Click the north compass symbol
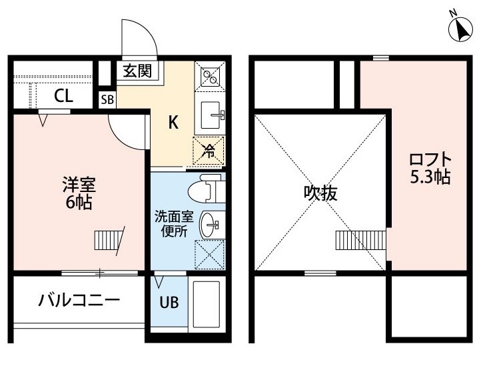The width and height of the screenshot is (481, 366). (x=460, y=29)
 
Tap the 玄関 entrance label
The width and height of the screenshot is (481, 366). (x=137, y=71)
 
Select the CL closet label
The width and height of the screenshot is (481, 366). (x=63, y=96)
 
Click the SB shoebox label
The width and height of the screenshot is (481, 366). (x=107, y=99)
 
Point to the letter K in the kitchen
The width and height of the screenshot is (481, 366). (x=173, y=123)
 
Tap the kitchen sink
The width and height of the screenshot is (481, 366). (x=211, y=115)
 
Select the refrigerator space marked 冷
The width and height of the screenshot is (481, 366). (x=209, y=151)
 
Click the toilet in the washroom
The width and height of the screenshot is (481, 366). (x=206, y=189)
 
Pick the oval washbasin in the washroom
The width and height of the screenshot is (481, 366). (x=209, y=225)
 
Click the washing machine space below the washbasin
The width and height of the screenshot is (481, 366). (x=210, y=255)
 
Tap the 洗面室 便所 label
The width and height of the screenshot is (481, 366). (x=174, y=224)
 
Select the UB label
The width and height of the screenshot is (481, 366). (x=169, y=303)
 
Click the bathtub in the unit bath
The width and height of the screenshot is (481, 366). (x=206, y=303)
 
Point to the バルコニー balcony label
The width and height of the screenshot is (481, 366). (x=79, y=300)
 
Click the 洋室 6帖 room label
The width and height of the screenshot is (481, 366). (x=79, y=193)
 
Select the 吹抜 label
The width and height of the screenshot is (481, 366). (x=320, y=193)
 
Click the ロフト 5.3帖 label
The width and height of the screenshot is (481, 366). (x=430, y=168)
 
